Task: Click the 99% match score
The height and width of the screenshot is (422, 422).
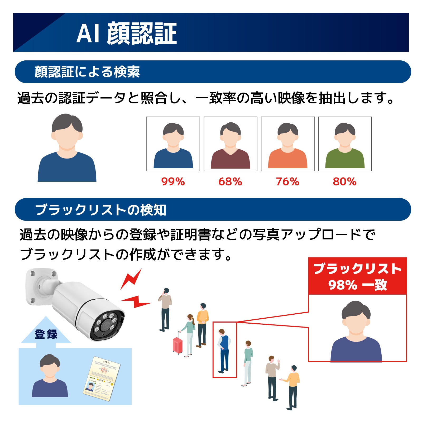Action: coord(173,182)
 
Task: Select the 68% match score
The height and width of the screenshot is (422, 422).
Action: coord(230,182)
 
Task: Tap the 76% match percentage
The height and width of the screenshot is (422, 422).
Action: coord(287,182)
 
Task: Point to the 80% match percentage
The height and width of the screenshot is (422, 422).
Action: coord(345,182)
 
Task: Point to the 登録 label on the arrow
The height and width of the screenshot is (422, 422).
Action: coord(46,334)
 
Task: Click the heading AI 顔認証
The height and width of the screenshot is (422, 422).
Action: coord(127,33)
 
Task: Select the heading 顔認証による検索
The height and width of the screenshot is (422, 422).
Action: coord(87,72)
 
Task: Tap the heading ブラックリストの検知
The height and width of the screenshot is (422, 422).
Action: coord(100,210)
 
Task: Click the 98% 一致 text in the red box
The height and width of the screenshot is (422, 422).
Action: coord(358,285)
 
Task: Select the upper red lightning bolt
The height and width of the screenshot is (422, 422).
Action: coord(131,279)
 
